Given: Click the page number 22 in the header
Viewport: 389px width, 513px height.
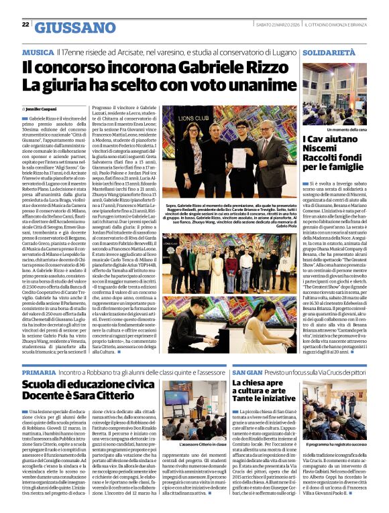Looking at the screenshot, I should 25,25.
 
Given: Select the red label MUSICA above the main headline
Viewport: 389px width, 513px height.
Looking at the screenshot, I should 38,52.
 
